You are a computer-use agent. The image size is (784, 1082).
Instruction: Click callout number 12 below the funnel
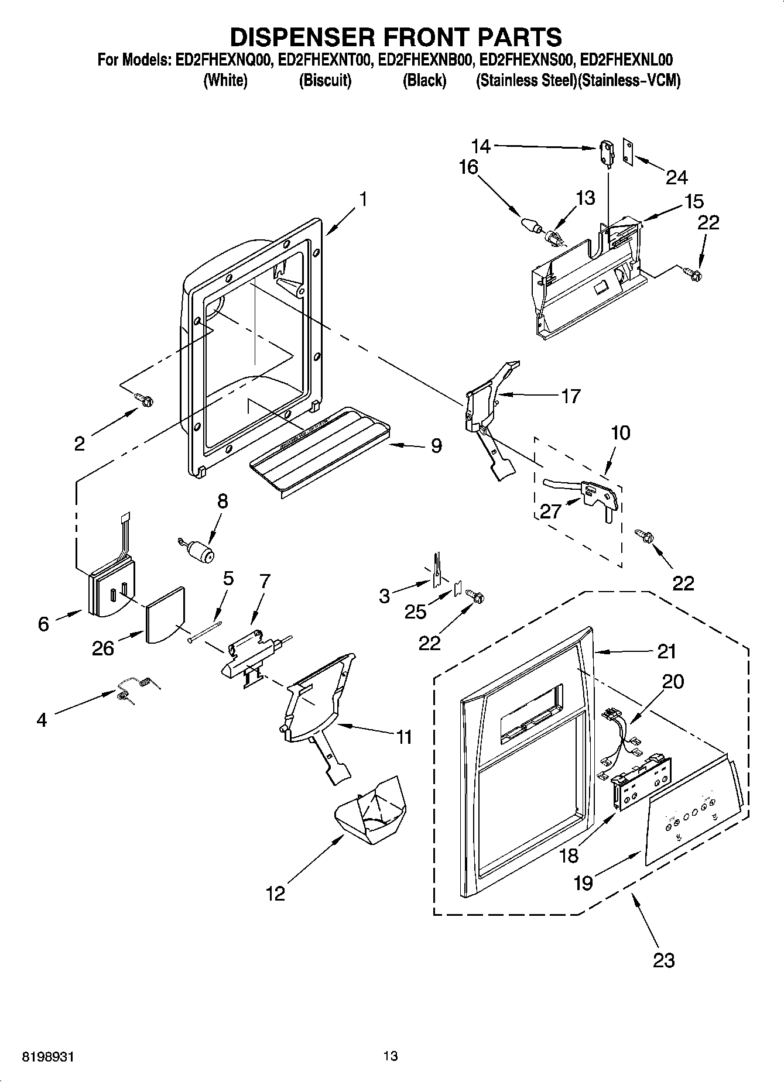(275, 893)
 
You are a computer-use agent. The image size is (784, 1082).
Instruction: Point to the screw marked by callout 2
(144, 399)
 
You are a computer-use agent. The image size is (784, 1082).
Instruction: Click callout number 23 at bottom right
(663, 960)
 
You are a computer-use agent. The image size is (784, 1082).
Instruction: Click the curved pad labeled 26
(164, 615)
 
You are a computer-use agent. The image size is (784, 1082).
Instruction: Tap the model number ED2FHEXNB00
(424, 60)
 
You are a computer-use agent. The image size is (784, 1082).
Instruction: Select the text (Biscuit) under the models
(325, 81)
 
